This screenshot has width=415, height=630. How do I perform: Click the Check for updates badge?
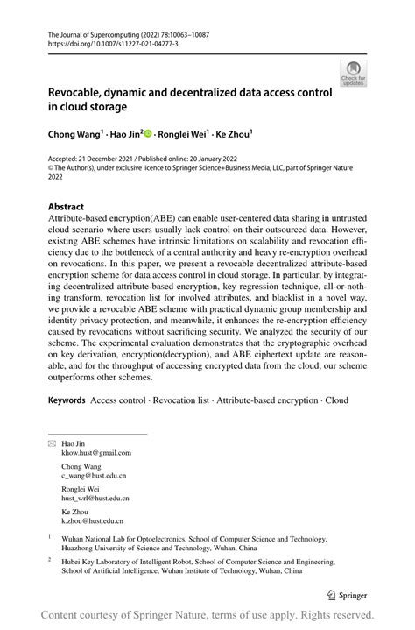[x=353, y=73]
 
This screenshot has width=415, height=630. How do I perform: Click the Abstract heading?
[x=66, y=208]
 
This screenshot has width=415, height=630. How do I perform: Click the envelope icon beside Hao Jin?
[x=51, y=444]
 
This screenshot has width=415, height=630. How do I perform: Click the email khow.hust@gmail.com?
[x=96, y=453]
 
